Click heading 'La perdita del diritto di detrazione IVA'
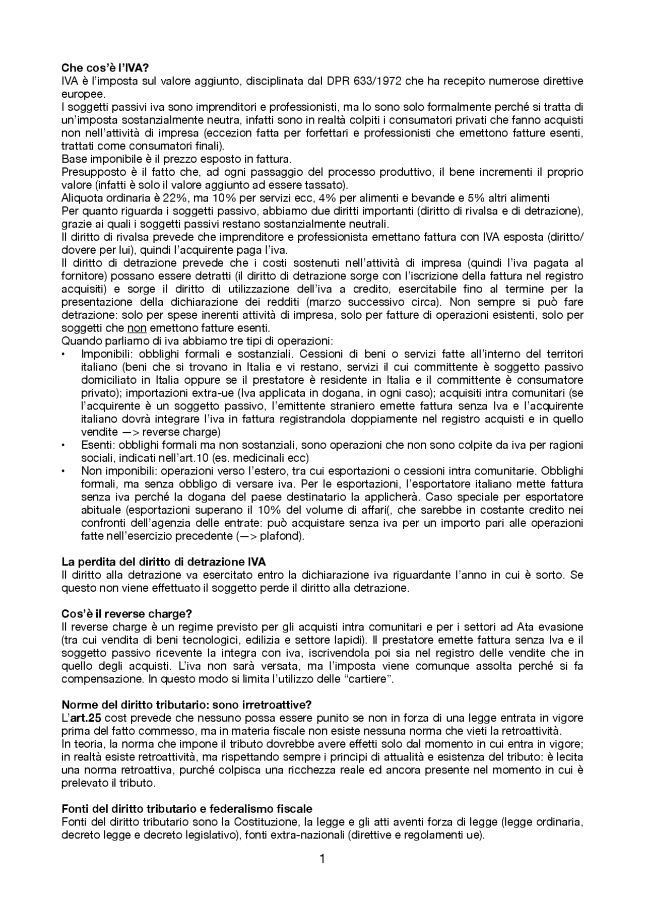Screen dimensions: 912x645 point(163,562)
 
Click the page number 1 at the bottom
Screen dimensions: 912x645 point(322,859)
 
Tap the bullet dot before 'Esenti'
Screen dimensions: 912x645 point(63,446)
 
